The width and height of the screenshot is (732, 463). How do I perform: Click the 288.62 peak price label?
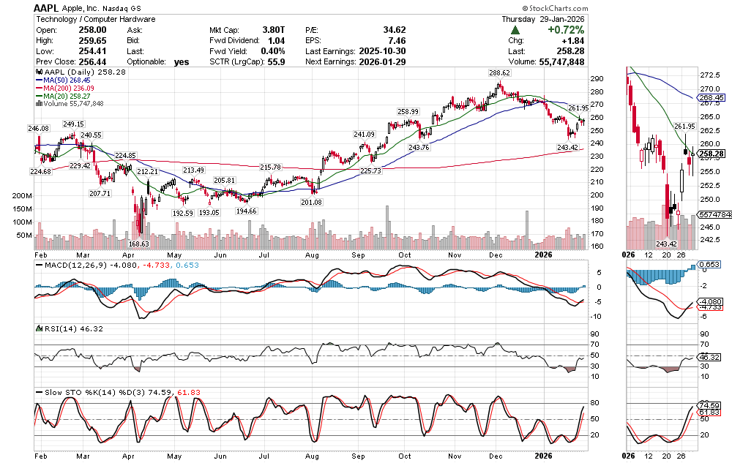[x=500, y=74]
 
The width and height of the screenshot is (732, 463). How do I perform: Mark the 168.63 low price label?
[x=138, y=244]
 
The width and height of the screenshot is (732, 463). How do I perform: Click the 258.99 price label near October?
[x=408, y=111]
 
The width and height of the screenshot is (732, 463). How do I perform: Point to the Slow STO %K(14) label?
[x=73, y=392]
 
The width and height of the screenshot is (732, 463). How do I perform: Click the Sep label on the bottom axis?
[x=358, y=454]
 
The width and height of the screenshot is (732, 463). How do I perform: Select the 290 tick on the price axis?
[x=597, y=79]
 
